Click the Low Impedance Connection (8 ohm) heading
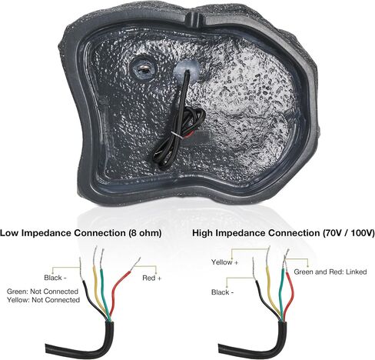pyautogui.click(x=81, y=233)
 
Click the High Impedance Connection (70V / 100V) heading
pyautogui.click(x=284, y=233)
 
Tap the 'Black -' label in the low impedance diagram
pyautogui.click(x=55, y=278)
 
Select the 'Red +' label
pyautogui.click(x=152, y=278)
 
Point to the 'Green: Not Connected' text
pyautogui.click(x=42, y=292)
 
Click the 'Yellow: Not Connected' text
pyautogui.click(x=43, y=300)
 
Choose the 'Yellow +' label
pyautogui.click(x=224, y=262)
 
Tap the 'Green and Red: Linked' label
pyautogui.click(x=330, y=272)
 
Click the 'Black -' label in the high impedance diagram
pyautogui.click(x=222, y=292)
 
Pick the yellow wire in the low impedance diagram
pyautogui.click(x=97, y=287)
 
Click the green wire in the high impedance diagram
pyautogui.click(x=283, y=295)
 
